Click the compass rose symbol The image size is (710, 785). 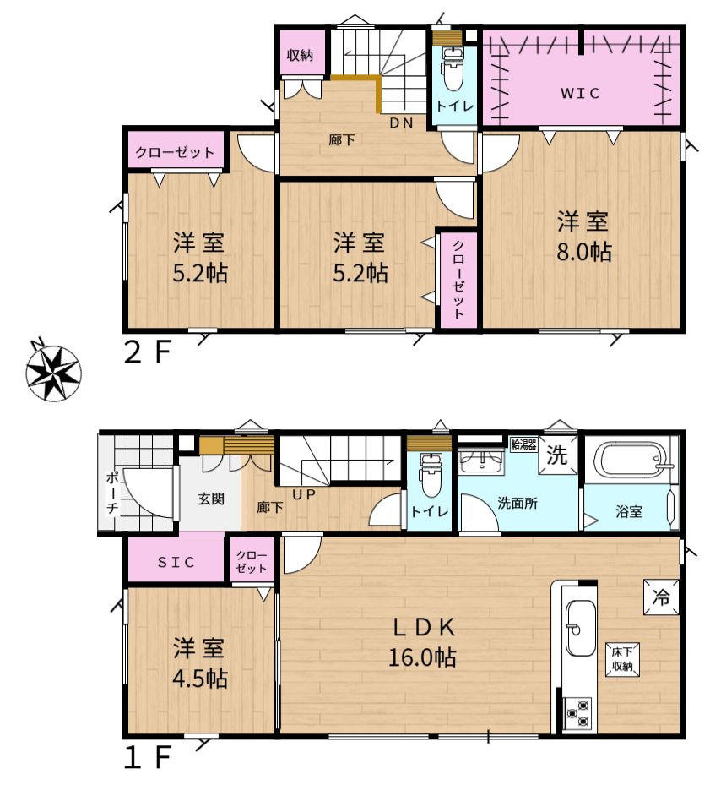(x=53, y=372)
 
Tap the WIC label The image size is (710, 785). (x=580, y=93)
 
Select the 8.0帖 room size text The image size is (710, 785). (x=584, y=252)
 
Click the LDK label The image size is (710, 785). (x=424, y=627)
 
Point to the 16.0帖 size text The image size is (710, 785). (x=422, y=657)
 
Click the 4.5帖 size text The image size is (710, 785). (x=199, y=679)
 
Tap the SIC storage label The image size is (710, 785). (x=176, y=562)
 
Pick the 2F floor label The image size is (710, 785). (x=147, y=352)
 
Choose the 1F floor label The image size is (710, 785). (x=147, y=756)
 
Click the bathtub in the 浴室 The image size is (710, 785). (x=633, y=459)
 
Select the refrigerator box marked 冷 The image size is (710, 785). (x=661, y=597)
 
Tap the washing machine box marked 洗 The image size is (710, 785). (x=557, y=455)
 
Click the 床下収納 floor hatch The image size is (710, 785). (x=622, y=659)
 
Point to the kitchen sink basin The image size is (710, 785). (x=581, y=635)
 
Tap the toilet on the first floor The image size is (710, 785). (x=430, y=475)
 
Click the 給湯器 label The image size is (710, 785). (x=523, y=444)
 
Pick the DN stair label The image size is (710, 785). (x=401, y=123)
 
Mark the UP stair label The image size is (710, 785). (x=304, y=494)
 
